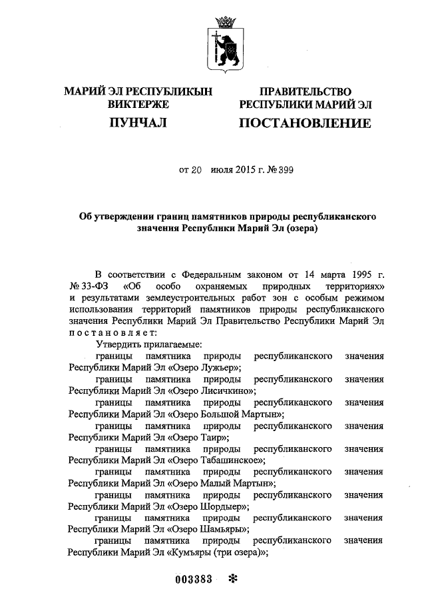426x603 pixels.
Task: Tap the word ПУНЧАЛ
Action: (138, 123)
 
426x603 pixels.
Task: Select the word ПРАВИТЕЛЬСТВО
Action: (306, 91)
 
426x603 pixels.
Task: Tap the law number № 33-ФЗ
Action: (89, 287)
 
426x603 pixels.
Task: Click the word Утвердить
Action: (118, 344)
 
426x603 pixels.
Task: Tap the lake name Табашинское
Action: (233, 460)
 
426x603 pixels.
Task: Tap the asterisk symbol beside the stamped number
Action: (232, 578)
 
